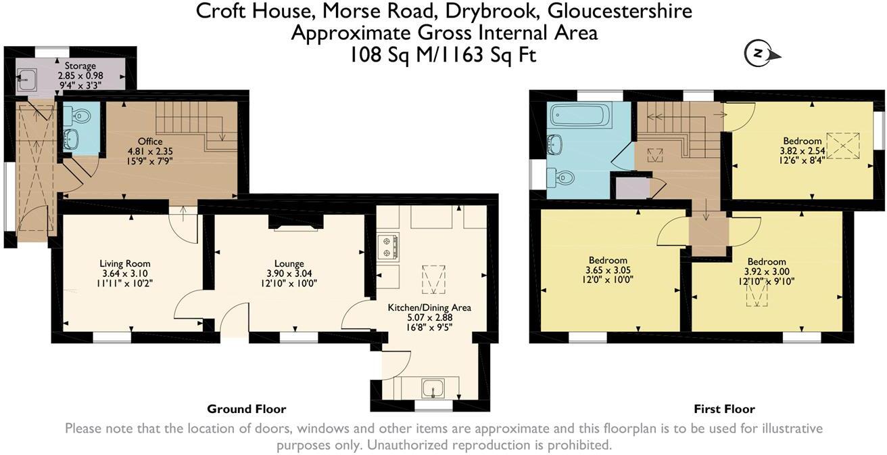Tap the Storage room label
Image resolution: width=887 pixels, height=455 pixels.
(x=80, y=66)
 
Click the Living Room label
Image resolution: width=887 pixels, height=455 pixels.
(x=125, y=263)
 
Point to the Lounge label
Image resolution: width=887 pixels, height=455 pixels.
(x=289, y=263)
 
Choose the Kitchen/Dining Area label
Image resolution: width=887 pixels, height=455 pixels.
(x=429, y=307)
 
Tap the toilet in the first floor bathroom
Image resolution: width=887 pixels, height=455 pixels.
(x=562, y=177)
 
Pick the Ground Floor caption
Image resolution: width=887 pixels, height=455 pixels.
(x=246, y=409)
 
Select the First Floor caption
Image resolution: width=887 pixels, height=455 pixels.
(x=724, y=409)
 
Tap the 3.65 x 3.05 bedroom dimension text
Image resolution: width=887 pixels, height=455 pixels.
(x=608, y=269)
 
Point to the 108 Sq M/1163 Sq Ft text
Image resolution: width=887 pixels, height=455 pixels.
(x=443, y=54)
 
